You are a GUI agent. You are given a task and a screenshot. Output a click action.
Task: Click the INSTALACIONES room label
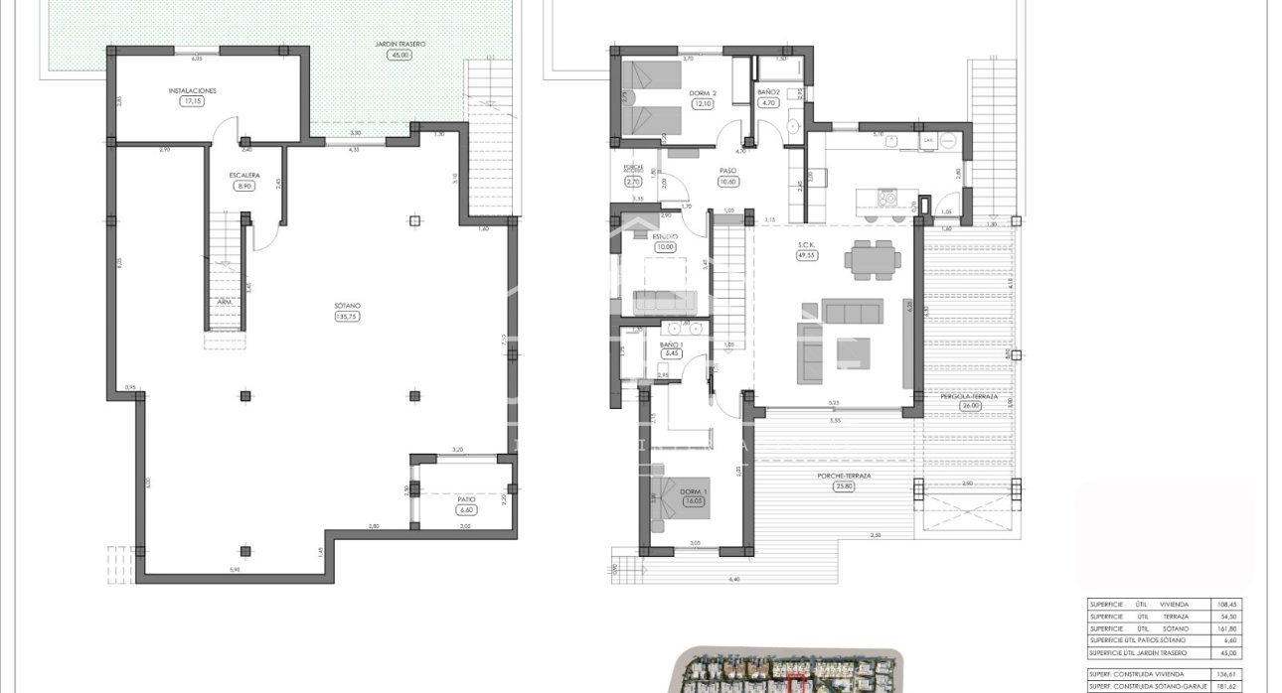click(192, 90)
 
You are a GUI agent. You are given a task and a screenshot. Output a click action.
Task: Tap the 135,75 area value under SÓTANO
click(348, 318)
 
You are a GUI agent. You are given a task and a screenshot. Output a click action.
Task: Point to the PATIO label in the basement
click(466, 499)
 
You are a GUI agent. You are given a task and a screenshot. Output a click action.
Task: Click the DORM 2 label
click(703, 92)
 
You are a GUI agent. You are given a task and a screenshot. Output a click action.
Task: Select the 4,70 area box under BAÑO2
click(767, 102)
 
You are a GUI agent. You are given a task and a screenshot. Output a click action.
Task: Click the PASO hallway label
click(727, 170)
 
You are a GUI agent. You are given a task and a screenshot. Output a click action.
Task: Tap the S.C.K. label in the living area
click(806, 244)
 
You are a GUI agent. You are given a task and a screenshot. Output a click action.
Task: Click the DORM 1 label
click(694, 491)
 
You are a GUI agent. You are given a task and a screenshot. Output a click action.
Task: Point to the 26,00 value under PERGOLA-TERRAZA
click(970, 405)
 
